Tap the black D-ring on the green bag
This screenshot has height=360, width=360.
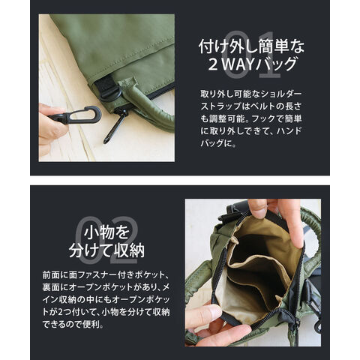110,94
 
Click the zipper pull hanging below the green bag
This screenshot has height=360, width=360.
115,128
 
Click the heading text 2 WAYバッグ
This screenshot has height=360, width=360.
252,64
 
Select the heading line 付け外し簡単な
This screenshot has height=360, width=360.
251,46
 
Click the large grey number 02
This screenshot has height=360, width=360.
107,241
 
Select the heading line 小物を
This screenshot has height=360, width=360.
106,232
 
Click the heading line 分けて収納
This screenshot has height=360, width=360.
106,250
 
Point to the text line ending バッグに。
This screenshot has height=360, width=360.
218,143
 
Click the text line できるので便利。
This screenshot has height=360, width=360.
73,325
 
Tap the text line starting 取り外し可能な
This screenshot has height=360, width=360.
251,94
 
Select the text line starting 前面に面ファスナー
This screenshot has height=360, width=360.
106,275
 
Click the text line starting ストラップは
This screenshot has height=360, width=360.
251,106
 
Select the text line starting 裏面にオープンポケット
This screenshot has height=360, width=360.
106,287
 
